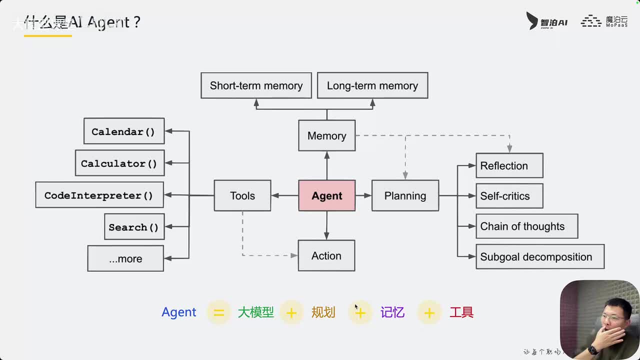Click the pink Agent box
[x=327, y=195]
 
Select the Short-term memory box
[x=256, y=85]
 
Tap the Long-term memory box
[x=372, y=85]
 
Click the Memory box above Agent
[x=327, y=135]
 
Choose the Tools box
[x=242, y=195]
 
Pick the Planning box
[x=405, y=195]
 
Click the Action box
[x=326, y=255]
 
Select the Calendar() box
[x=123, y=131]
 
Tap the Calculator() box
[x=119, y=163]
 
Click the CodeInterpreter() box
[x=99, y=195]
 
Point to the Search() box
[x=133, y=227]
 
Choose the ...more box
[x=125, y=258]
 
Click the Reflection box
[x=509, y=165]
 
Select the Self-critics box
[x=509, y=196]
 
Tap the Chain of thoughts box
[x=526, y=226]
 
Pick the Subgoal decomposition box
[x=539, y=256]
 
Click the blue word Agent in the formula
[x=178, y=312]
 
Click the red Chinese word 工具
[x=461, y=312]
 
